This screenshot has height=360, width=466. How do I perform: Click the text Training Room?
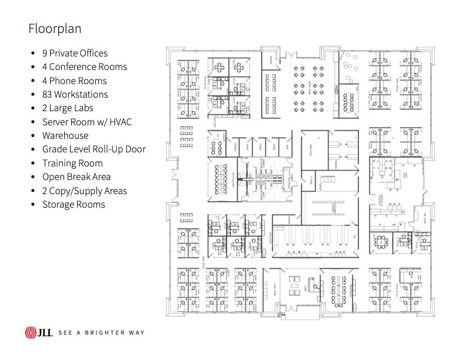[72, 163]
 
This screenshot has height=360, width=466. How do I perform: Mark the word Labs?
[83, 108]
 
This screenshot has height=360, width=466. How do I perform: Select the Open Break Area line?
[76, 176]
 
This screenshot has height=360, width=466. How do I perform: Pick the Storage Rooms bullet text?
[74, 204]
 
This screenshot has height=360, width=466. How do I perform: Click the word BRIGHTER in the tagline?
[102, 333]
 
